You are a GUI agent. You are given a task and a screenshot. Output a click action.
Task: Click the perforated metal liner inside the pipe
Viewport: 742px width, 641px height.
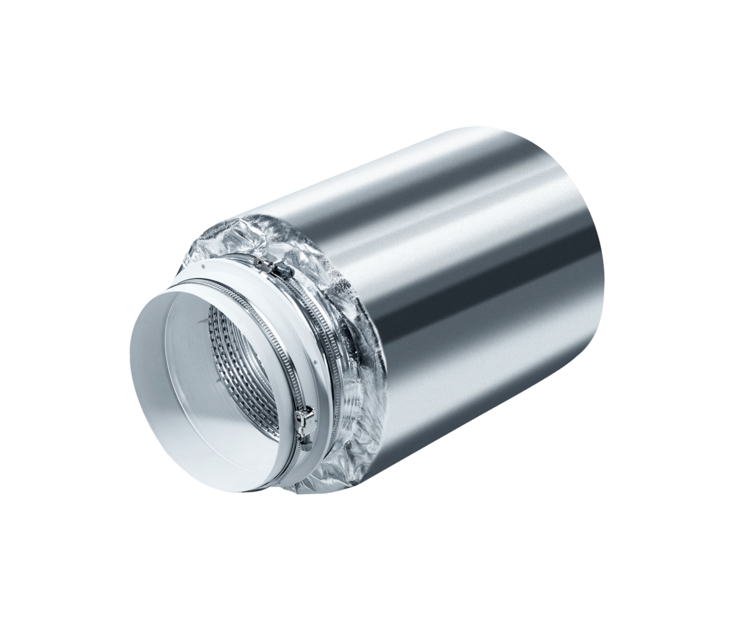click(241, 360)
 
